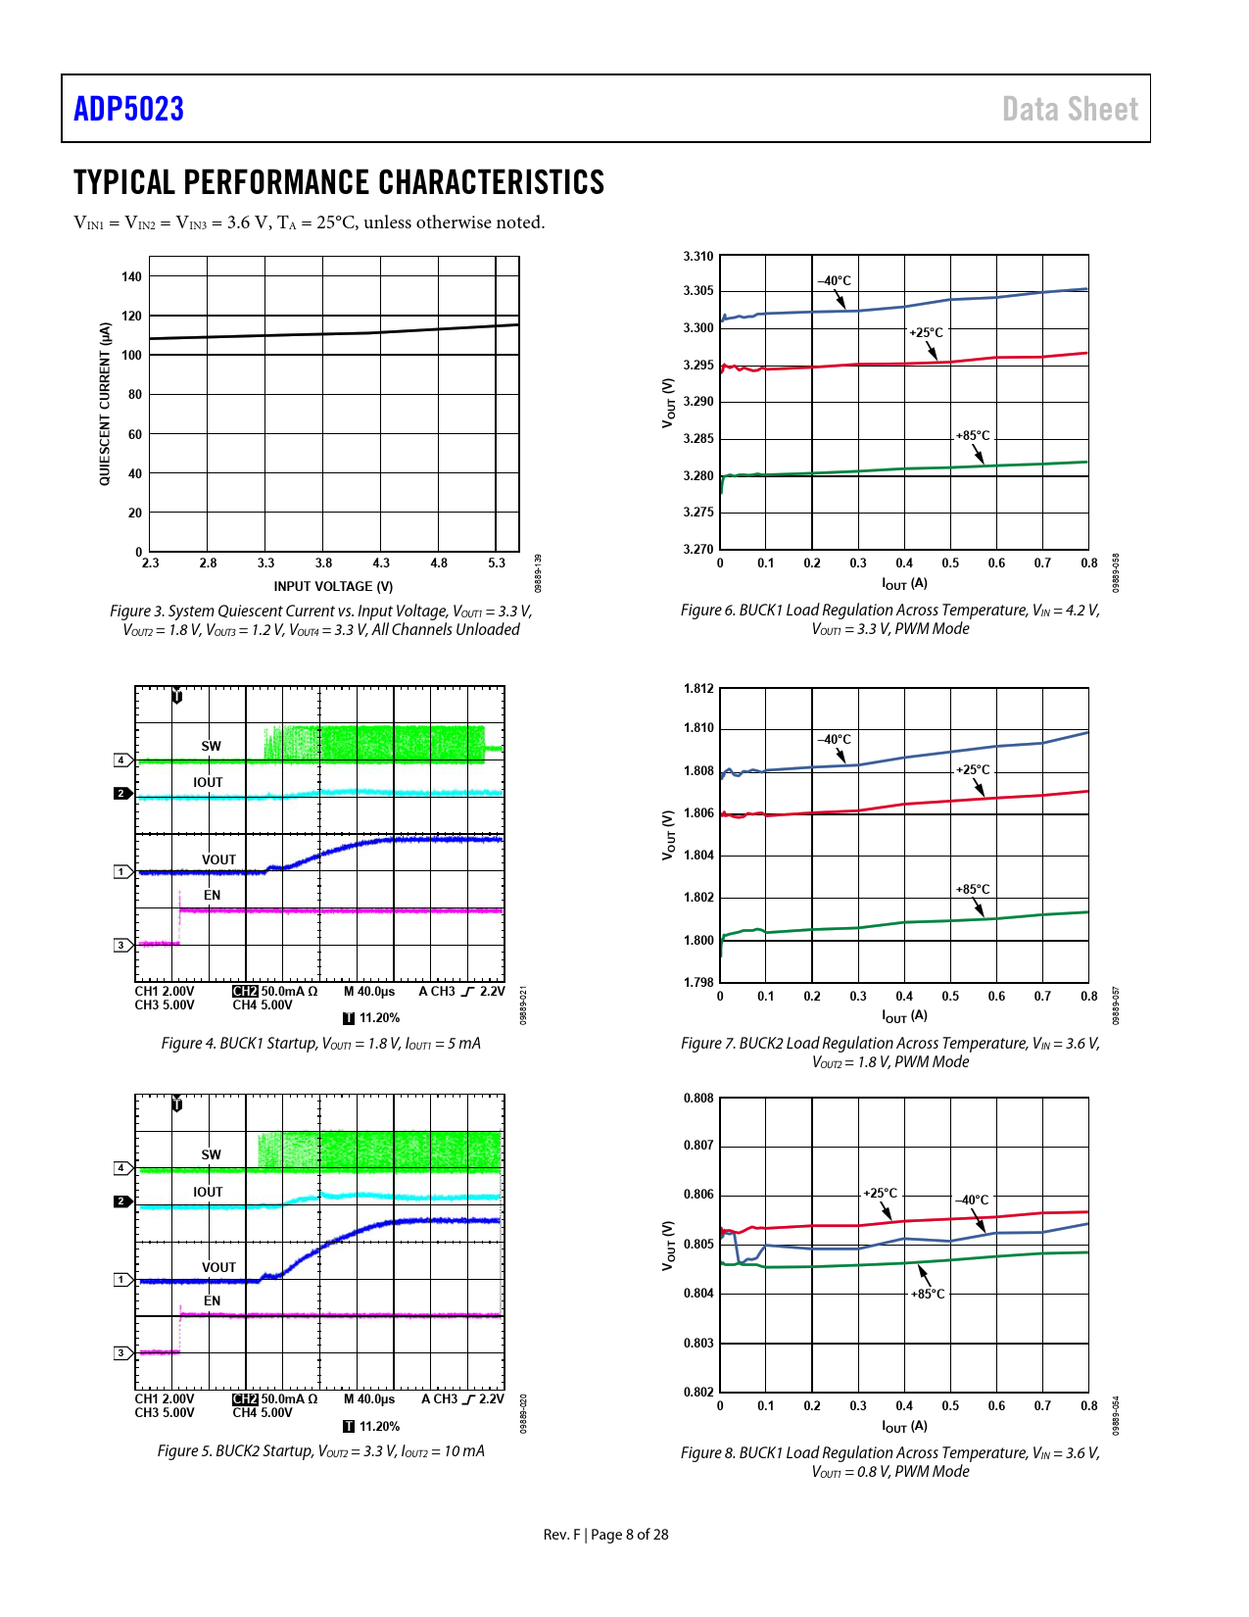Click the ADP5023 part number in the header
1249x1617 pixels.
pos(128,109)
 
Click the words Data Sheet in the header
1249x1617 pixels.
pos(1070,109)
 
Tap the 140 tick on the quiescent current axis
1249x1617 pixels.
pos(131,276)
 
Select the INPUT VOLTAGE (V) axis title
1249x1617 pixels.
pos(333,586)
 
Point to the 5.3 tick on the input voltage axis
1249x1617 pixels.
pos(497,563)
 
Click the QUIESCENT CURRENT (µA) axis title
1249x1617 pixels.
pos(104,404)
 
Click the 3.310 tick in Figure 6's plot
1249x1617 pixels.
pos(698,257)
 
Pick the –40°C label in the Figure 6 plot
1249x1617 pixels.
pos(835,281)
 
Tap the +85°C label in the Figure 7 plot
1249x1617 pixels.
pos(973,890)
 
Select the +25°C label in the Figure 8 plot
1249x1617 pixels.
pos(880,1194)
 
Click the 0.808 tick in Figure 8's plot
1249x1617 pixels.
pos(698,1099)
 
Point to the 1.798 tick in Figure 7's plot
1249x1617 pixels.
pos(698,982)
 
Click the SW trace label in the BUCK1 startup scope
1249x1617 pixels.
pos(212,746)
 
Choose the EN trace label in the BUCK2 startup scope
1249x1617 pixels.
pos(213,1301)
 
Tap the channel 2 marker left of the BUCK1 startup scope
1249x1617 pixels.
pos(121,793)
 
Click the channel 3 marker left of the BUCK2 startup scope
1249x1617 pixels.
pos(121,1353)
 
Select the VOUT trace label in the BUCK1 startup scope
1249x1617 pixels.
pos(218,859)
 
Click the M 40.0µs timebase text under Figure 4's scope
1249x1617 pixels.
pos(369,991)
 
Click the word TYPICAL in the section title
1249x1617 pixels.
pos(123,182)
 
